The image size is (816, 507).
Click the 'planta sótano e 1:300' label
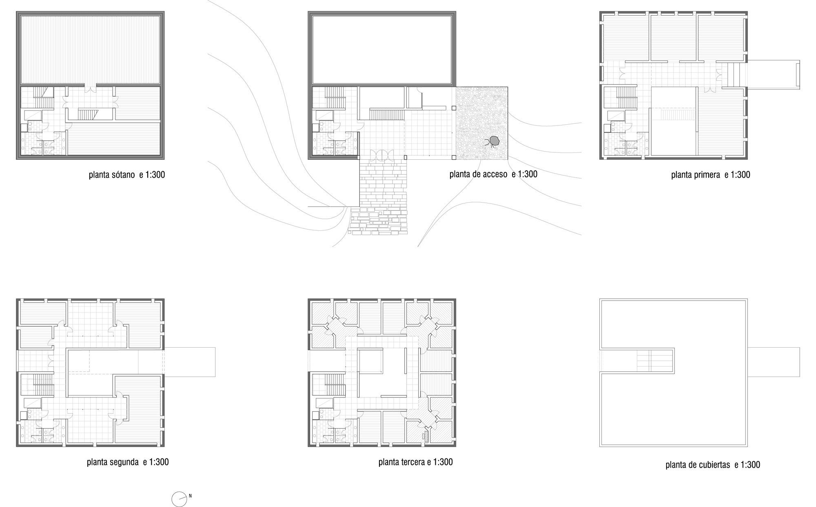coord(127,175)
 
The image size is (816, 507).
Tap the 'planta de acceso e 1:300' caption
coord(493,174)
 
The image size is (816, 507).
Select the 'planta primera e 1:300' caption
coord(710,175)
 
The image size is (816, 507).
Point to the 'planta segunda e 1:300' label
coord(128,462)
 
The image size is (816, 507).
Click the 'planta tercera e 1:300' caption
coord(415,462)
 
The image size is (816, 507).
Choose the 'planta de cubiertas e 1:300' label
coord(713,465)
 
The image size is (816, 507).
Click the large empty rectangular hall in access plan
coord(382,49)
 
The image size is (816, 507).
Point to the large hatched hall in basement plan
coord(90,49)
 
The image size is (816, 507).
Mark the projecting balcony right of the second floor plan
coord(190,362)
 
